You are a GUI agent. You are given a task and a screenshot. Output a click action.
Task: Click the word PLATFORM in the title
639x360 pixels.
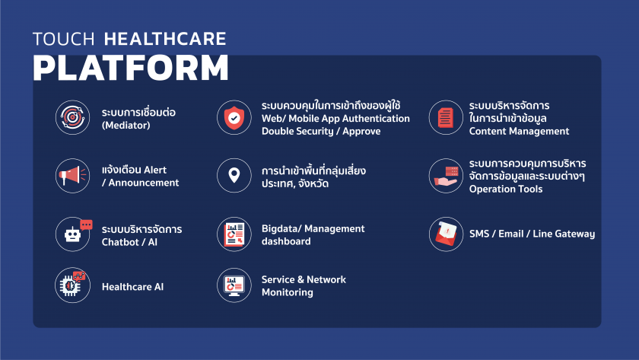(130, 68)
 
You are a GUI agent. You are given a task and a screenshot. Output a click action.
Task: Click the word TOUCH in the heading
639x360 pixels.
(64, 39)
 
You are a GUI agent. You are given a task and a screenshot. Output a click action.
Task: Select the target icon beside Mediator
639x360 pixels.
(73, 118)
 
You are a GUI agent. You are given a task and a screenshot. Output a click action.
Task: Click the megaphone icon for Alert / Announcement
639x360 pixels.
(73, 176)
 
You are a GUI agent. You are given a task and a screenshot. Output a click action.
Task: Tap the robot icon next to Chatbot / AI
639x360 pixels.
(73, 234)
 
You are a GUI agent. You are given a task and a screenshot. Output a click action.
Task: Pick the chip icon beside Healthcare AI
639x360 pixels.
(73, 286)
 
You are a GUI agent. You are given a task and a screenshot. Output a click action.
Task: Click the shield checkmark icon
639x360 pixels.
(234, 118)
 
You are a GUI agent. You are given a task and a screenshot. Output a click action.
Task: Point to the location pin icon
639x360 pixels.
(234, 176)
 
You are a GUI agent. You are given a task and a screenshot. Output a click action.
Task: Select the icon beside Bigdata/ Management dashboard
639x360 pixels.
(234, 234)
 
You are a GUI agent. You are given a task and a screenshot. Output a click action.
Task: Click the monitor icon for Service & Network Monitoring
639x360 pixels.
(234, 286)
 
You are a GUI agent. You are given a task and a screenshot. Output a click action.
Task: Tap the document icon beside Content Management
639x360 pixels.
(446, 118)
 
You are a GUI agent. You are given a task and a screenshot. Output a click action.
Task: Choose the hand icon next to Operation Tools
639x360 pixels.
(446, 176)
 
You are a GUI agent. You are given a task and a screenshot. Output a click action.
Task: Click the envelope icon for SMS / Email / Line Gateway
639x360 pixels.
(446, 234)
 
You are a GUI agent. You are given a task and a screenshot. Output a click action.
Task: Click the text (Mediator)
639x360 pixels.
(126, 126)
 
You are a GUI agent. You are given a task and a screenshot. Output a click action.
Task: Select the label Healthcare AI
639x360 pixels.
(132, 287)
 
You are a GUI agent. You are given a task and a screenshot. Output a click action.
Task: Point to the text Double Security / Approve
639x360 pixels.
(320, 131)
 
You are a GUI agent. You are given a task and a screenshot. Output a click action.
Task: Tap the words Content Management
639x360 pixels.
(519, 131)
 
